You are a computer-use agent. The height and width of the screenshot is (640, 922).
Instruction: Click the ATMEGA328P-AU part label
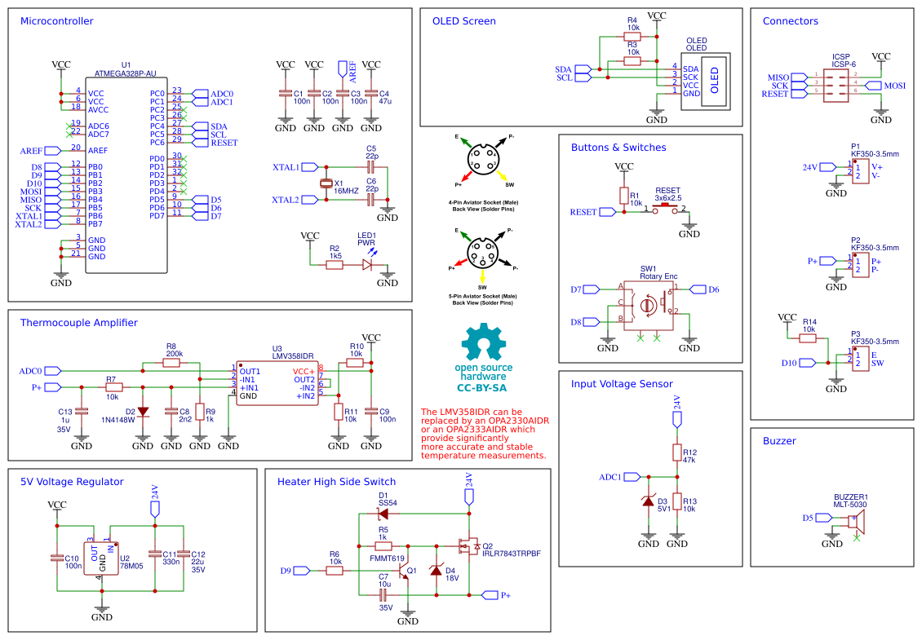(126, 73)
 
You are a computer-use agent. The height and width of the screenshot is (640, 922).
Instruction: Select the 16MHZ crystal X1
(327, 183)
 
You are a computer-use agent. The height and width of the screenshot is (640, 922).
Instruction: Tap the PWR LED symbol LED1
(367, 264)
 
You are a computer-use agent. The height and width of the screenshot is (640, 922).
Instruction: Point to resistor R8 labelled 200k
(171, 363)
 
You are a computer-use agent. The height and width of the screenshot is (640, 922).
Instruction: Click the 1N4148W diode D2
(143, 412)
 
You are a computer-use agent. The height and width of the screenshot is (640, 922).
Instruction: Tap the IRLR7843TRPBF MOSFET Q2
(470, 546)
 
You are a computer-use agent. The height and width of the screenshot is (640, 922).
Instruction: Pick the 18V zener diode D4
(436, 571)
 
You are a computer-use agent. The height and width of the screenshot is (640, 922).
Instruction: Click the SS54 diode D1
(383, 514)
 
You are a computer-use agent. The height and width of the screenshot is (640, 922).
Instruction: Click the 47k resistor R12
(676, 453)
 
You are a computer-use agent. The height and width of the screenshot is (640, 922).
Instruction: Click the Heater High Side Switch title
(336, 482)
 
